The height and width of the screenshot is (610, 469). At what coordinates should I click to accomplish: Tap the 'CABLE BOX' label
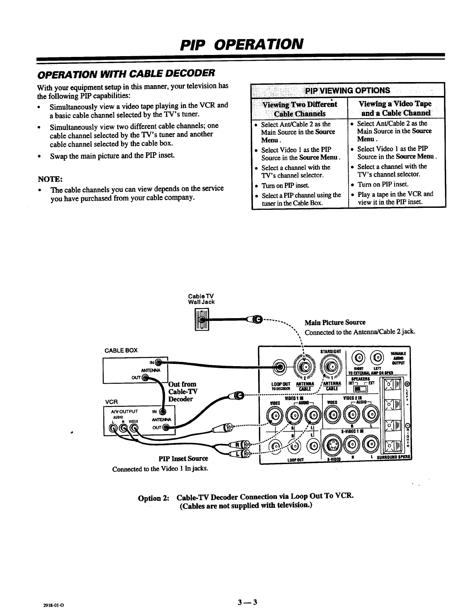pos(121,351)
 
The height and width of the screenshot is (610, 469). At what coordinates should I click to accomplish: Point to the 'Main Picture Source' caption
pos(335,322)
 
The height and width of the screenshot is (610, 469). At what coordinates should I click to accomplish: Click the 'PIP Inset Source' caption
pos(183,459)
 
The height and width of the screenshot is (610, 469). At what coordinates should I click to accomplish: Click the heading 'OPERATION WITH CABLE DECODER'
pos(125,73)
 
